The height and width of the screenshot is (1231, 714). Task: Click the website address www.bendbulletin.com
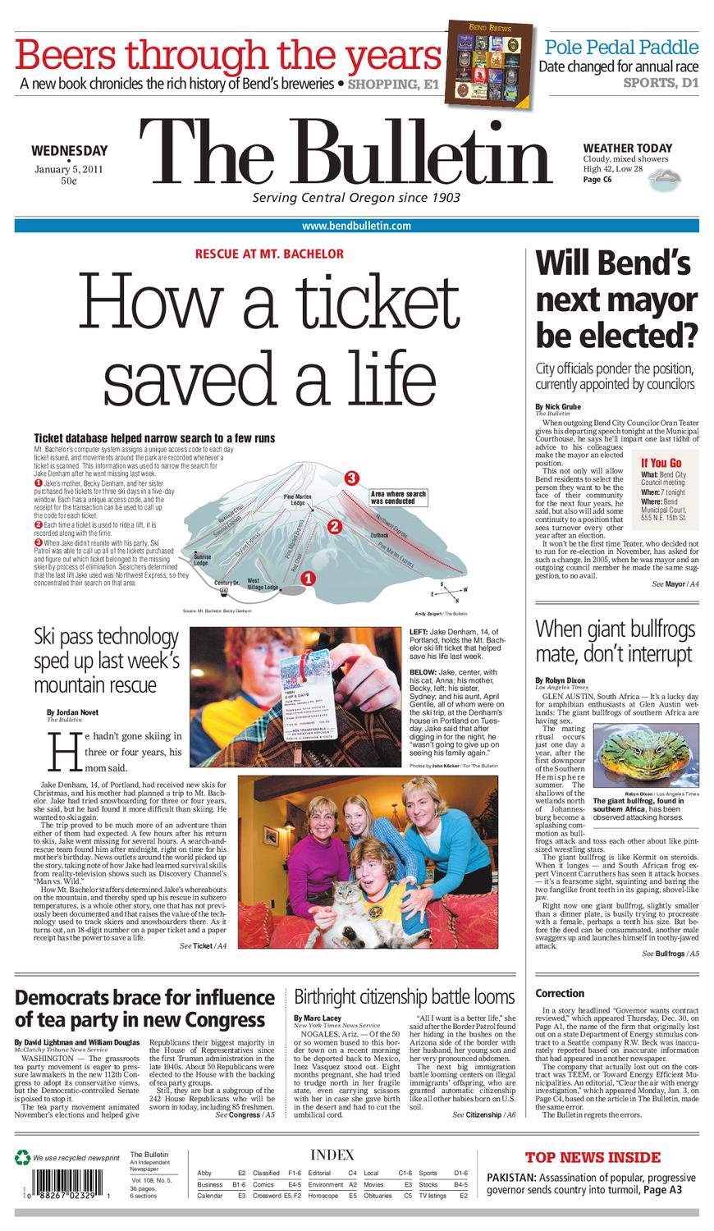click(356, 226)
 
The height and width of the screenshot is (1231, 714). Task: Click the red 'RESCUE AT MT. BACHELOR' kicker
click(269, 254)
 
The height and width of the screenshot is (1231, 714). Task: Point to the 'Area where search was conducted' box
click(400, 497)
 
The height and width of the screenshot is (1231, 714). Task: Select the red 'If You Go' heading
click(661, 463)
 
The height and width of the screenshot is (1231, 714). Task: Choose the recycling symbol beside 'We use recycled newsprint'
click(22, 1158)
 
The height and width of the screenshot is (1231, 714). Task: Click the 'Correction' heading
click(560, 993)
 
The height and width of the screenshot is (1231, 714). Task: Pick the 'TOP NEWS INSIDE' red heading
click(593, 1158)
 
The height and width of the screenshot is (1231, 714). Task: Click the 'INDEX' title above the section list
click(332, 1154)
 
